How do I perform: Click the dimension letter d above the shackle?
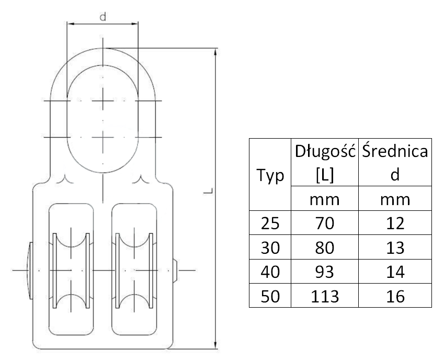click(x=103, y=17)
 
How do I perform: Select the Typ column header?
click(x=270, y=175)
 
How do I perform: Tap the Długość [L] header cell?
click(x=325, y=162)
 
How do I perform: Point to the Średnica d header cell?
click(x=395, y=162)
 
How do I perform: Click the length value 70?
click(x=325, y=223)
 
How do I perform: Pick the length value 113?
click(x=325, y=297)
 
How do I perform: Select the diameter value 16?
click(x=395, y=297)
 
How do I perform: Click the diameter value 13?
click(x=395, y=248)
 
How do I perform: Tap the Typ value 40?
click(x=270, y=272)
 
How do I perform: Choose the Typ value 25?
click(x=270, y=223)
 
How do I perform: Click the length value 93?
click(x=325, y=272)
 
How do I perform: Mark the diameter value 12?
click(x=395, y=223)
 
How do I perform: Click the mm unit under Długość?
click(x=325, y=199)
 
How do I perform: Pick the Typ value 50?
click(x=270, y=297)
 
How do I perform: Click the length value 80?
click(x=325, y=248)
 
